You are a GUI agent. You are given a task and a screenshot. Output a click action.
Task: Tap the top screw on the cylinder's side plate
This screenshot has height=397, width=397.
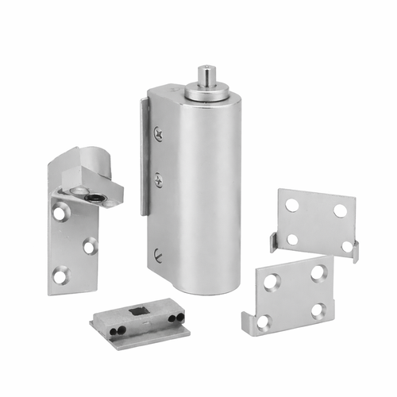coord(158,134)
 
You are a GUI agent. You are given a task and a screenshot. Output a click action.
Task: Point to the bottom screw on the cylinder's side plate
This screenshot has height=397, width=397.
coord(158,254)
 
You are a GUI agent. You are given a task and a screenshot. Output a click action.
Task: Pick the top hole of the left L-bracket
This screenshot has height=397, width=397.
coord(61,212)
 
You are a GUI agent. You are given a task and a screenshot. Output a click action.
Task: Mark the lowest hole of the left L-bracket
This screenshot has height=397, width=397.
coord(60,276)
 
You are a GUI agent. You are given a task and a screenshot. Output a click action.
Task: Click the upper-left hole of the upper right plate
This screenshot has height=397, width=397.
coord(292,204)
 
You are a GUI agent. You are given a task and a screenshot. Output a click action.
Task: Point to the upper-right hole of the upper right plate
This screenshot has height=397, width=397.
coord(340,210)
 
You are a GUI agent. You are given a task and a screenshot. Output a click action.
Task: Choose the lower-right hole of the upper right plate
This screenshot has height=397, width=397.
coord(346,245)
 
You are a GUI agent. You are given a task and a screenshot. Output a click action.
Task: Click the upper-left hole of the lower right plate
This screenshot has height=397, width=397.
coord(273,280)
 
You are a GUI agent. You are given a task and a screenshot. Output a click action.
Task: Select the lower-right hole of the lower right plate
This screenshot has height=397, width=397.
coord(318,310)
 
